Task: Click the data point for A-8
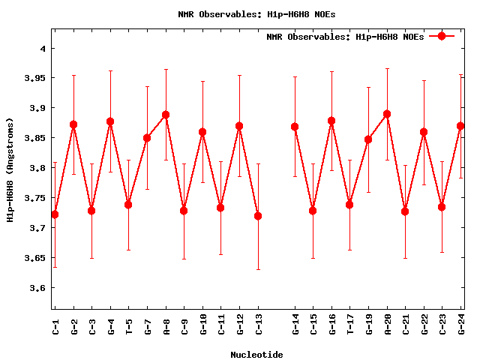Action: click(x=166, y=115)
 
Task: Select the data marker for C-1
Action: click(x=55, y=214)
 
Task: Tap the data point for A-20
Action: click(x=387, y=114)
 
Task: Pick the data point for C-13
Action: click(x=258, y=216)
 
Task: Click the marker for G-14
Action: click(x=295, y=127)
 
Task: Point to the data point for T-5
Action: click(x=128, y=205)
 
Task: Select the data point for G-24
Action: click(x=460, y=126)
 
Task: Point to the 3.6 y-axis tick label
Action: click(x=37, y=288)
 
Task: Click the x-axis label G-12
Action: click(x=240, y=324)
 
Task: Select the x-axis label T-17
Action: click(x=350, y=324)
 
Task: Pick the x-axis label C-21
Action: click(x=406, y=324)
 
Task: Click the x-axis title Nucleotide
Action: click(x=256, y=355)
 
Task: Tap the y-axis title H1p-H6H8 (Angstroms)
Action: click(x=10, y=169)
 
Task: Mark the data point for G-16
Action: click(x=331, y=121)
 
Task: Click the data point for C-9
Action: click(x=184, y=211)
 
